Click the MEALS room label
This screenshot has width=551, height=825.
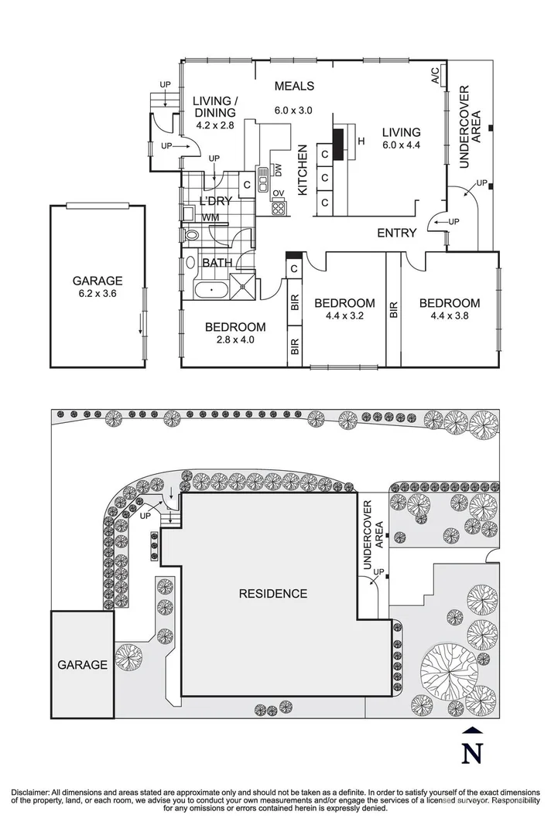pyautogui.click(x=294, y=86)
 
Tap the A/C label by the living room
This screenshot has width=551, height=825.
pyautogui.click(x=435, y=75)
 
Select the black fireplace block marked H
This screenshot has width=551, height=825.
pyautogui.click(x=338, y=141)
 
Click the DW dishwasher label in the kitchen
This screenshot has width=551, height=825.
pyautogui.click(x=276, y=170)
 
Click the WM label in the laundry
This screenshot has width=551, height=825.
pyautogui.click(x=210, y=218)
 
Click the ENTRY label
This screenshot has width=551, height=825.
pyautogui.click(x=396, y=233)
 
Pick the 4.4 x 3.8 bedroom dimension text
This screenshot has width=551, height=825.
pyautogui.click(x=450, y=315)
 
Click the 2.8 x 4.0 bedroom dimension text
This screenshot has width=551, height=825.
pyautogui.click(x=235, y=339)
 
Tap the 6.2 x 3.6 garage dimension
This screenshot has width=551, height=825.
pyautogui.click(x=98, y=293)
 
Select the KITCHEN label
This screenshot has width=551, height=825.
pyautogui.click(x=303, y=170)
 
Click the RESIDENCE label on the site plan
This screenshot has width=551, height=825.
pyautogui.click(x=272, y=594)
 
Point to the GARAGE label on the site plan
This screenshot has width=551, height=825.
pyautogui.click(x=81, y=664)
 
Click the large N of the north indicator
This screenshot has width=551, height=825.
pyautogui.click(x=472, y=752)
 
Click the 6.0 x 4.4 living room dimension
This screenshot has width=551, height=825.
pyautogui.click(x=401, y=145)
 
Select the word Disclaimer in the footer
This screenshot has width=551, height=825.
pyautogui.click(x=29, y=793)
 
